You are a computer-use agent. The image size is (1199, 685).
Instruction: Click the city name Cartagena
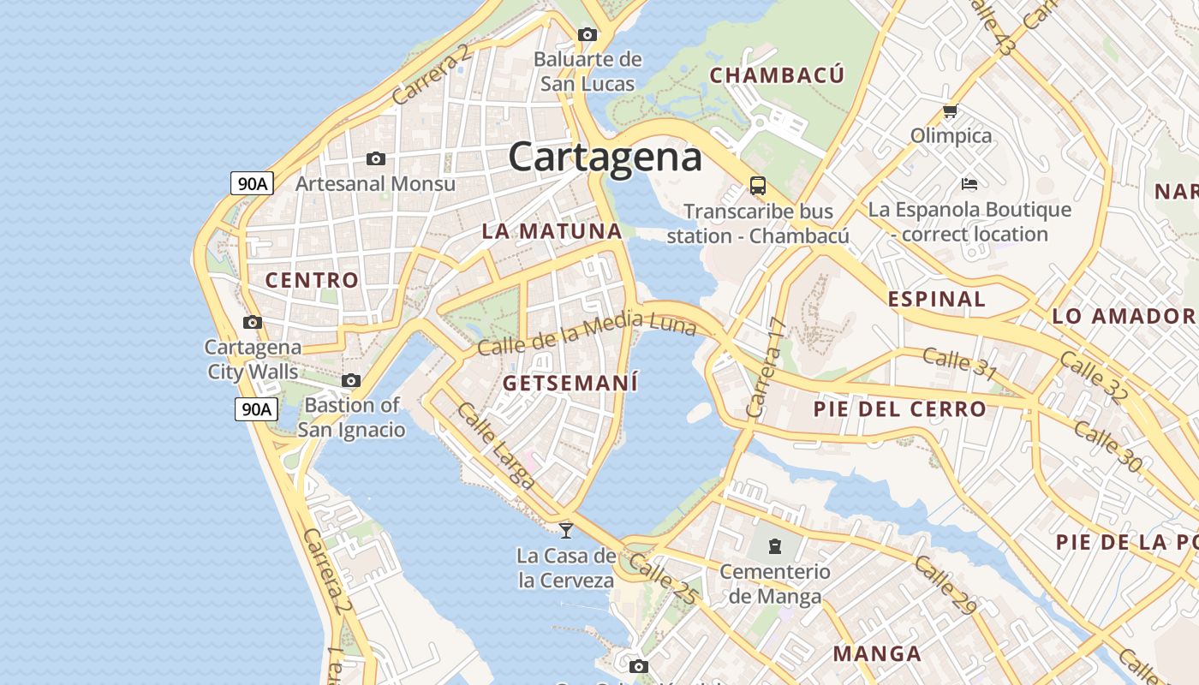click(605, 158)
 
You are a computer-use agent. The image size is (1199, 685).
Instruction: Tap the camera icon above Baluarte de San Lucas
click(587, 35)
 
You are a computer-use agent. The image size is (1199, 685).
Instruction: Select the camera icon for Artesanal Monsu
click(375, 159)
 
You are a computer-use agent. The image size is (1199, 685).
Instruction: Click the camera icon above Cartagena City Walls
click(252, 323)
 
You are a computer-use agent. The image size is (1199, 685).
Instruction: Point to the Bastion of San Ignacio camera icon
click(350, 381)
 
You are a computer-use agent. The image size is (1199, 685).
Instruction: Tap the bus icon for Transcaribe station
click(757, 186)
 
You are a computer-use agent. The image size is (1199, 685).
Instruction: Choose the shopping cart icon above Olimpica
click(949, 111)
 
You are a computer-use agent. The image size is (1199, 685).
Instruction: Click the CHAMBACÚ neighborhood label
click(777, 75)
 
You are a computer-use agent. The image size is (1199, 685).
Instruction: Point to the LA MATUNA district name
click(552, 231)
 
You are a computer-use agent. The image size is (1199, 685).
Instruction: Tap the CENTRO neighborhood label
click(312, 280)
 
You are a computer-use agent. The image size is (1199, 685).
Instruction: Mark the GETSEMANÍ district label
click(570, 383)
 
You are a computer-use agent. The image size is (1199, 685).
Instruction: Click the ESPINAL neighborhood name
click(936, 300)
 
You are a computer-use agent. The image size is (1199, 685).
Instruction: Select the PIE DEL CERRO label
click(899, 409)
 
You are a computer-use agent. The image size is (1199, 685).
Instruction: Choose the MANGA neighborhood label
click(877, 654)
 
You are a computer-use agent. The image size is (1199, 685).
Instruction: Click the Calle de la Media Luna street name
click(587, 334)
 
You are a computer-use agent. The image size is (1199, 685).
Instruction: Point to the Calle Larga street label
click(496, 446)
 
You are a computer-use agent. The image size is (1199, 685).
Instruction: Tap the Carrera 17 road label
click(766, 367)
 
